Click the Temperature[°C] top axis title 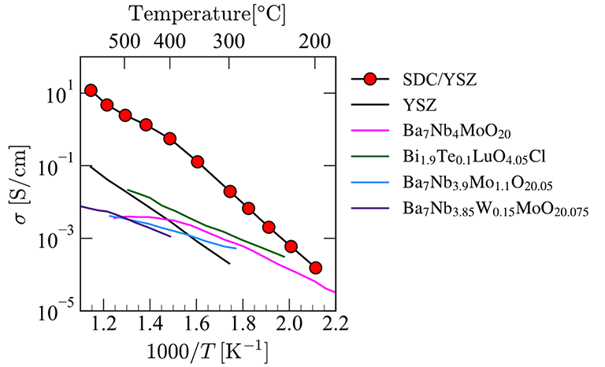tap(208, 13)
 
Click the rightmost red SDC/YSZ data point tap(315, 268)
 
